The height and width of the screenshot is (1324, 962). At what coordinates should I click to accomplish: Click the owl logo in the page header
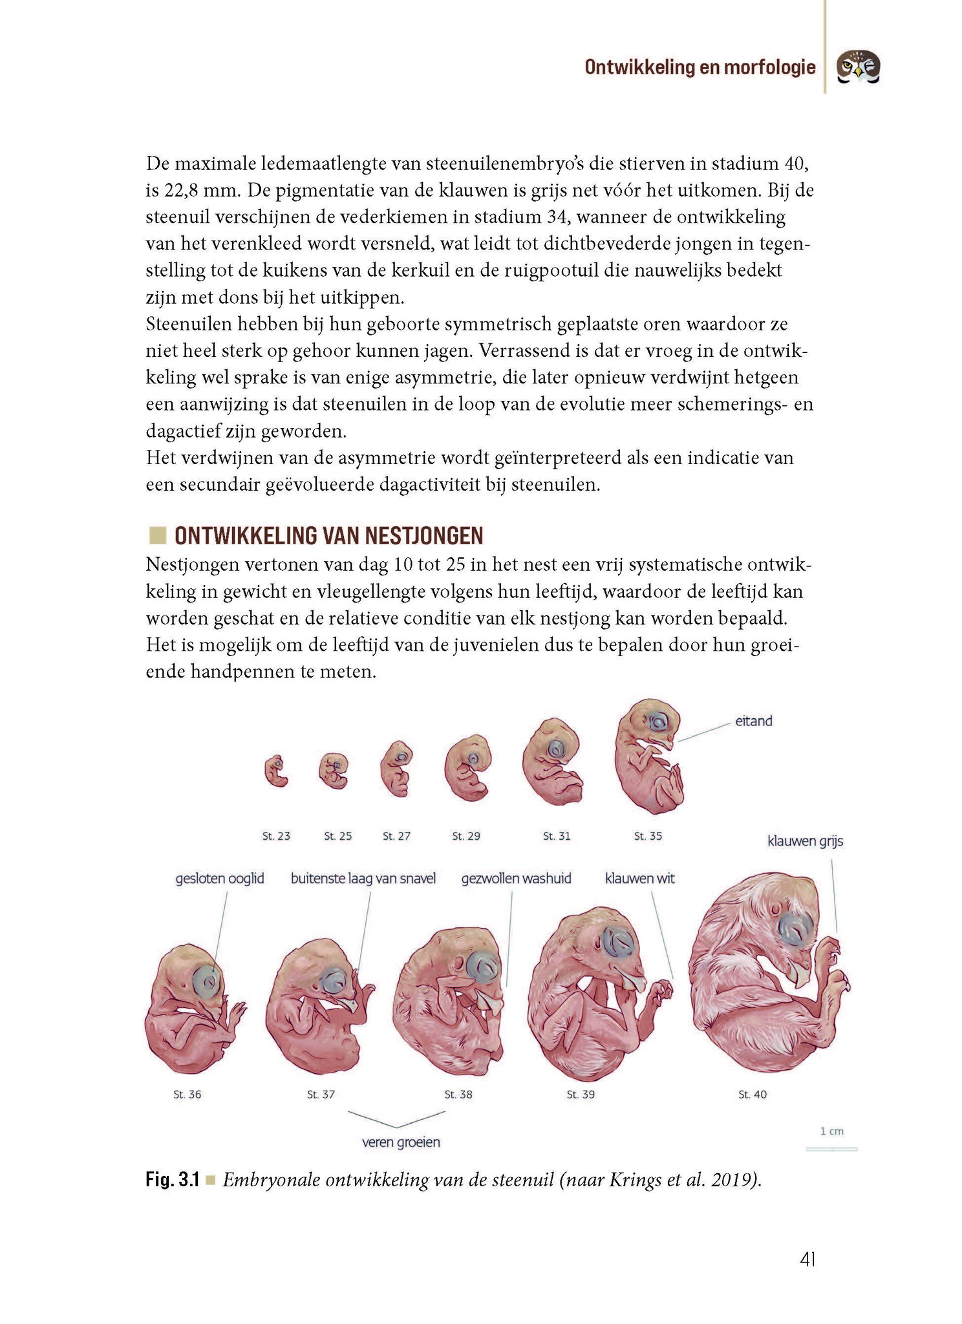[858, 67]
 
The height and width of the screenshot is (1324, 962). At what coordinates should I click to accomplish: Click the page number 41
[807, 1259]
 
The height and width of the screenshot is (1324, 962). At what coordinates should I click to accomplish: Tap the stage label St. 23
[276, 836]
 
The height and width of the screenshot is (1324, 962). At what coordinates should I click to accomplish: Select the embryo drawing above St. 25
[334, 771]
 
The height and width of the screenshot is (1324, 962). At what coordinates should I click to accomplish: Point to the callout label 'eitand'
[753, 721]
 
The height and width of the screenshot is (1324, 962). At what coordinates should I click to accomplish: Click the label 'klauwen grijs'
[805, 841]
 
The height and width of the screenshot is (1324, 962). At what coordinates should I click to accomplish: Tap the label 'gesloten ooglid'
[220, 879]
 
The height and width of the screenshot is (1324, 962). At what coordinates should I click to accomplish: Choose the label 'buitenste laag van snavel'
[363, 879]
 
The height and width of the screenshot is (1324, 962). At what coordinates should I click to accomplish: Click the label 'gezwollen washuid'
[516, 879]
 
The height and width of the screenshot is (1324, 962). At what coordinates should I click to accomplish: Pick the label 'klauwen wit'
[639, 879]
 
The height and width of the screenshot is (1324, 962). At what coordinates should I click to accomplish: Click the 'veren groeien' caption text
[401, 1142]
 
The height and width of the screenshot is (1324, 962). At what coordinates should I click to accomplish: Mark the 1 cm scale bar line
[831, 1149]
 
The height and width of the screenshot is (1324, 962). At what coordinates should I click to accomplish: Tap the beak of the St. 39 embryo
[631, 981]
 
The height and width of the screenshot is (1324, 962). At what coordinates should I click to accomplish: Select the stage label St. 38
[458, 1094]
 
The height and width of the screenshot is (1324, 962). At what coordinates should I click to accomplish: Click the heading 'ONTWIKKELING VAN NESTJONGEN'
[328, 536]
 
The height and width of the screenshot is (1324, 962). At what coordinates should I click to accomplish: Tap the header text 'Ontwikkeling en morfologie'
[700, 67]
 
